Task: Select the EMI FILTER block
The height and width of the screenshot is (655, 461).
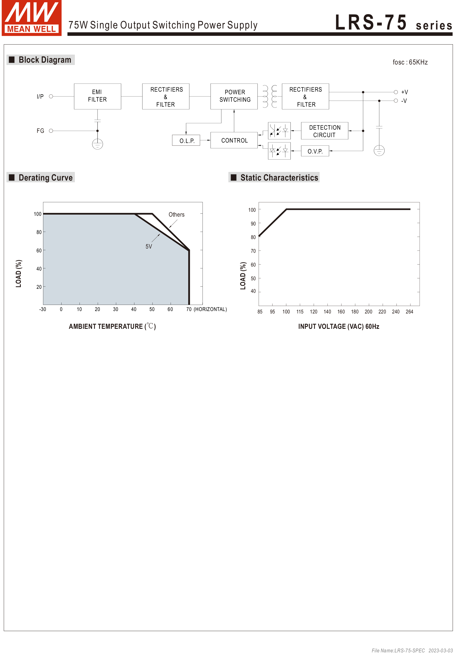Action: coord(97,96)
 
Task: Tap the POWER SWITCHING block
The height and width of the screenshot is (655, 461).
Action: coord(234,96)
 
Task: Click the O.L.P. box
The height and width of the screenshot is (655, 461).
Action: coord(186,140)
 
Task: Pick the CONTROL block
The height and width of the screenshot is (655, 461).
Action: coord(234,140)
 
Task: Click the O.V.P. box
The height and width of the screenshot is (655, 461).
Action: coord(315,151)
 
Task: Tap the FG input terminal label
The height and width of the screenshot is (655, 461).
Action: coord(40,131)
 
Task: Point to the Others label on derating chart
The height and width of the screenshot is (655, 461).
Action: coord(176,215)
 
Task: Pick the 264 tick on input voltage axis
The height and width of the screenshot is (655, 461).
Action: coord(409,311)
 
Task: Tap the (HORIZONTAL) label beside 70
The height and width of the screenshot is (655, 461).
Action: coord(210,309)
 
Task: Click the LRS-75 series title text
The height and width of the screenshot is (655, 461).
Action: coord(393,23)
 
